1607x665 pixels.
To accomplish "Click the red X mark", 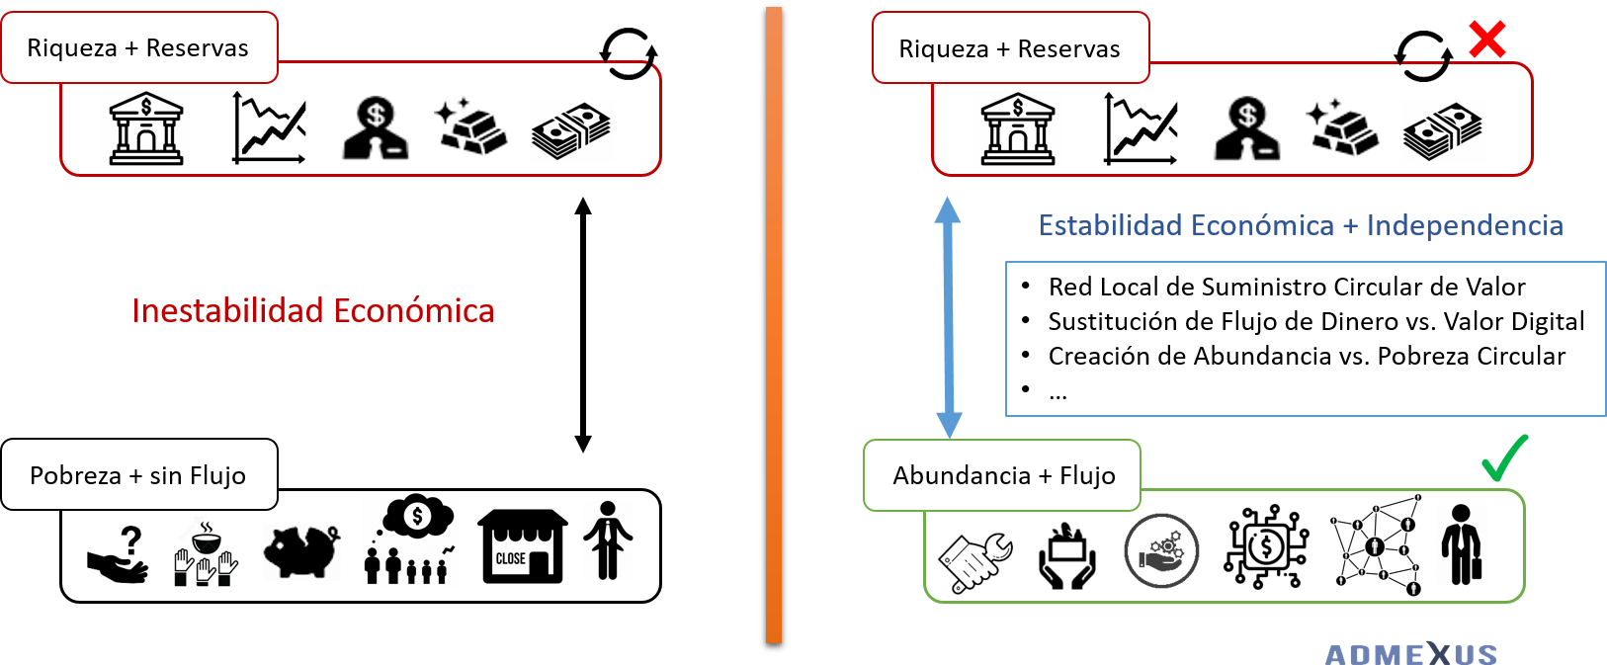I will pyautogui.click(x=1486, y=40).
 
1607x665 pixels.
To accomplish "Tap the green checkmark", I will pyautogui.click(x=1504, y=458).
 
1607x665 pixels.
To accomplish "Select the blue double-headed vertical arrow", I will pyautogui.click(x=949, y=316).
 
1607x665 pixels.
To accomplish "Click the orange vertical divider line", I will pyautogui.click(x=774, y=326).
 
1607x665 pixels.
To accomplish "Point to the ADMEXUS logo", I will pyautogui.click(x=1410, y=653).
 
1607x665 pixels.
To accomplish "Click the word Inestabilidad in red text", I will pyautogui.click(x=228, y=311).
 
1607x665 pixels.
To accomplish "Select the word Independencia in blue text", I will pyautogui.click(x=1465, y=225).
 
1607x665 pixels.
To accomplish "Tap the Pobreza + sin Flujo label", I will pyautogui.click(x=138, y=475).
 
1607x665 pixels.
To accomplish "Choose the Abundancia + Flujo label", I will pyautogui.click(x=1003, y=475).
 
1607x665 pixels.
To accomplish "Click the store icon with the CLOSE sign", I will pyautogui.click(x=522, y=546).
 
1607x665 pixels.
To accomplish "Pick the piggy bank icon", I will pyautogui.click(x=301, y=550).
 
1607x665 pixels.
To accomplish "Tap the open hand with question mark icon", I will pyautogui.click(x=119, y=555).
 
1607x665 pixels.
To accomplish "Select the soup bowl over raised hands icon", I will pyautogui.click(x=206, y=554).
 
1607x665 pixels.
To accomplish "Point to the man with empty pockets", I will pyautogui.click(x=608, y=540).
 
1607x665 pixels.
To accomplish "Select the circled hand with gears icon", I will pyautogui.click(x=1161, y=550).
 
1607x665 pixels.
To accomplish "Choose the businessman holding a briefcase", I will pyautogui.click(x=1462, y=544).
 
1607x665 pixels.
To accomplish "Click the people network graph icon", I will pyautogui.click(x=1376, y=544).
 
